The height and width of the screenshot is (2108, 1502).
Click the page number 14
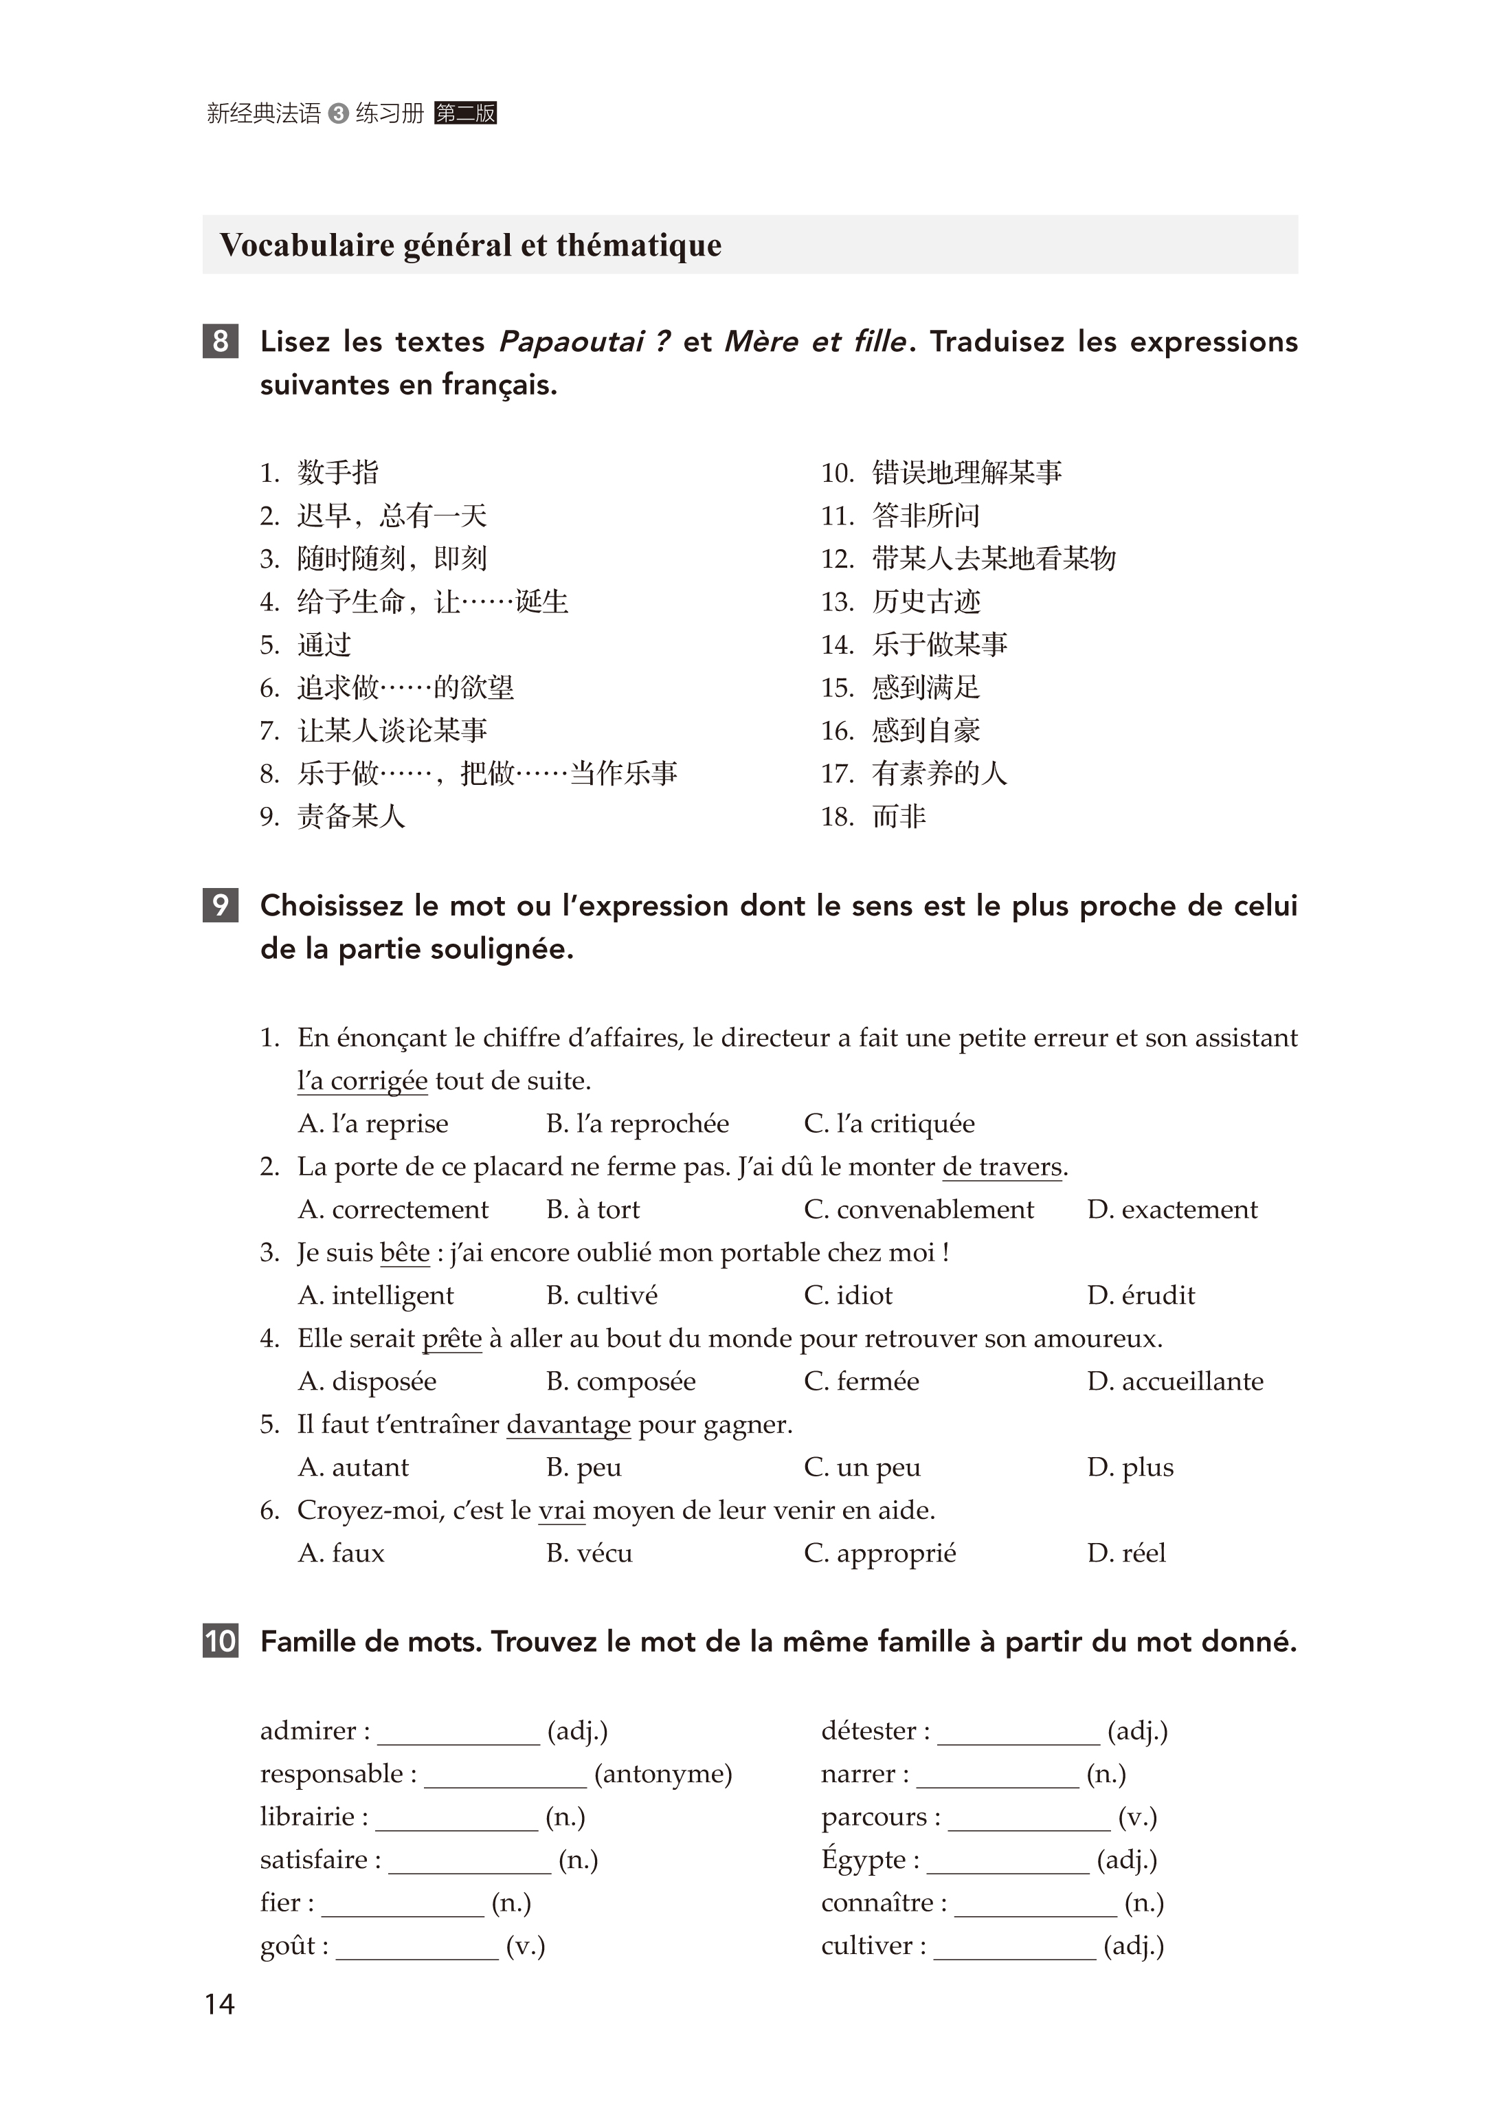click(x=219, y=2004)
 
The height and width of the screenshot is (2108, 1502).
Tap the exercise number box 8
click(x=220, y=342)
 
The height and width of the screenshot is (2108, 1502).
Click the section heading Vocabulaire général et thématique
click(x=471, y=245)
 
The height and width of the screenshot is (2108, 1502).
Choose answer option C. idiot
click(x=848, y=1295)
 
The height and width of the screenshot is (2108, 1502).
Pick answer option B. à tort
click(x=593, y=1209)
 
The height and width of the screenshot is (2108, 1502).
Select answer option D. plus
click(x=1130, y=1467)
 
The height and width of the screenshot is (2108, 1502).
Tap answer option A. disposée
click(x=367, y=1381)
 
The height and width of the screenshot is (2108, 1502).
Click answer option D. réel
click(x=1127, y=1553)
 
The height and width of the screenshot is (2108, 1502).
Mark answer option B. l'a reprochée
click(x=637, y=1123)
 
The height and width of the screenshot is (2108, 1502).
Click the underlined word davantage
click(x=569, y=1424)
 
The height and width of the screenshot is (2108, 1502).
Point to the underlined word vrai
click(x=561, y=1511)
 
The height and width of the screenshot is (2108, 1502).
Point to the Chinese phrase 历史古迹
click(x=926, y=602)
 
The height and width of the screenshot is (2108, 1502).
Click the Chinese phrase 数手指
click(x=337, y=473)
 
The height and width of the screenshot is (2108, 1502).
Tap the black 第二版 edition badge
click(x=465, y=114)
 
